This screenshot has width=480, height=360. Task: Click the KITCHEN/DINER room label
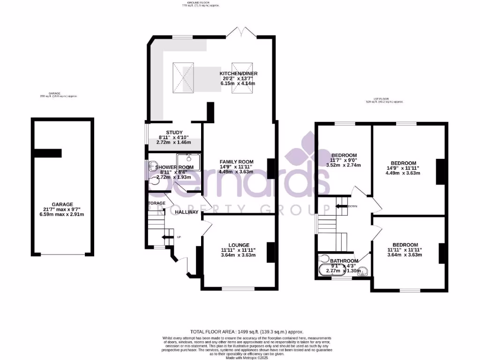pyautogui.click(x=239, y=74)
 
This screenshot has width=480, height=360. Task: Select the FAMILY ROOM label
pyautogui.click(x=236, y=162)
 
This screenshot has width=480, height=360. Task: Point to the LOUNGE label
pyautogui.click(x=236, y=245)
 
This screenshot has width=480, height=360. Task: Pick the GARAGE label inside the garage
pyautogui.click(x=62, y=204)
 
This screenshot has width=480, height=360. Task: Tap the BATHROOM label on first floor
pyautogui.click(x=344, y=261)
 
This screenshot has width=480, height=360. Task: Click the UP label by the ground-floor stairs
pyautogui.click(x=179, y=237)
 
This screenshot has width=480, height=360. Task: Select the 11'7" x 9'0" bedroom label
pyautogui.click(x=344, y=155)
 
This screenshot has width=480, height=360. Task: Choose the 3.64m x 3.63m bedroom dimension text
pyautogui.click(x=405, y=255)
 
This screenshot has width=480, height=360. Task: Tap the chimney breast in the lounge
pyautogui.click(x=270, y=252)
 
